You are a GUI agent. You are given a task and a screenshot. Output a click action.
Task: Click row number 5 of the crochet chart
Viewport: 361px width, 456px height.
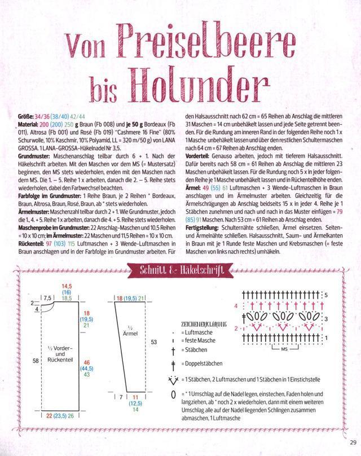click(325, 295)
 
